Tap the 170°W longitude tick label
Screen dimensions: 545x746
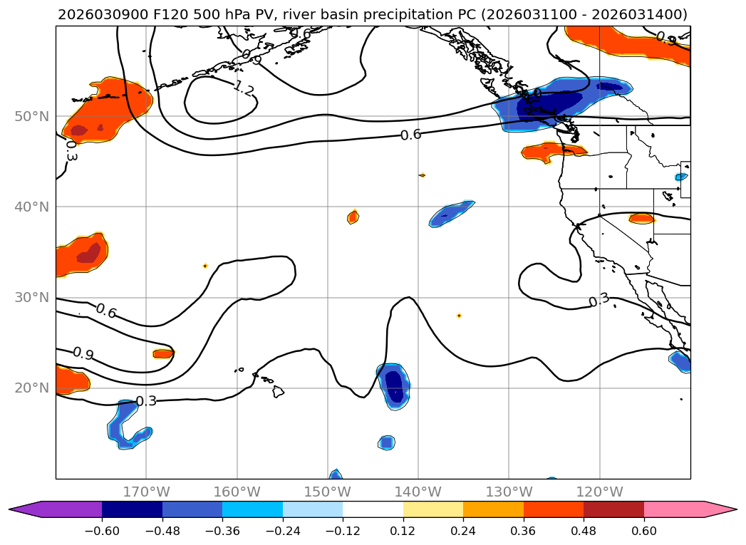(x=146, y=492)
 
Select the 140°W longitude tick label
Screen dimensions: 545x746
(x=418, y=492)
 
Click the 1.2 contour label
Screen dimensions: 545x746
(x=244, y=88)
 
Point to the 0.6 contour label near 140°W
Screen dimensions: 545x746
(x=410, y=135)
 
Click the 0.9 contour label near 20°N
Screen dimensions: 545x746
(x=83, y=354)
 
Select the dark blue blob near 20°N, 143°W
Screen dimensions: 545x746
(x=394, y=386)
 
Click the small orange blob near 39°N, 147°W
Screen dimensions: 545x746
(x=353, y=217)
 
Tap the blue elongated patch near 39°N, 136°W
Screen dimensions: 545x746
(x=451, y=212)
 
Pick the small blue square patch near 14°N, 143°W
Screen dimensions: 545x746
(x=386, y=442)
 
